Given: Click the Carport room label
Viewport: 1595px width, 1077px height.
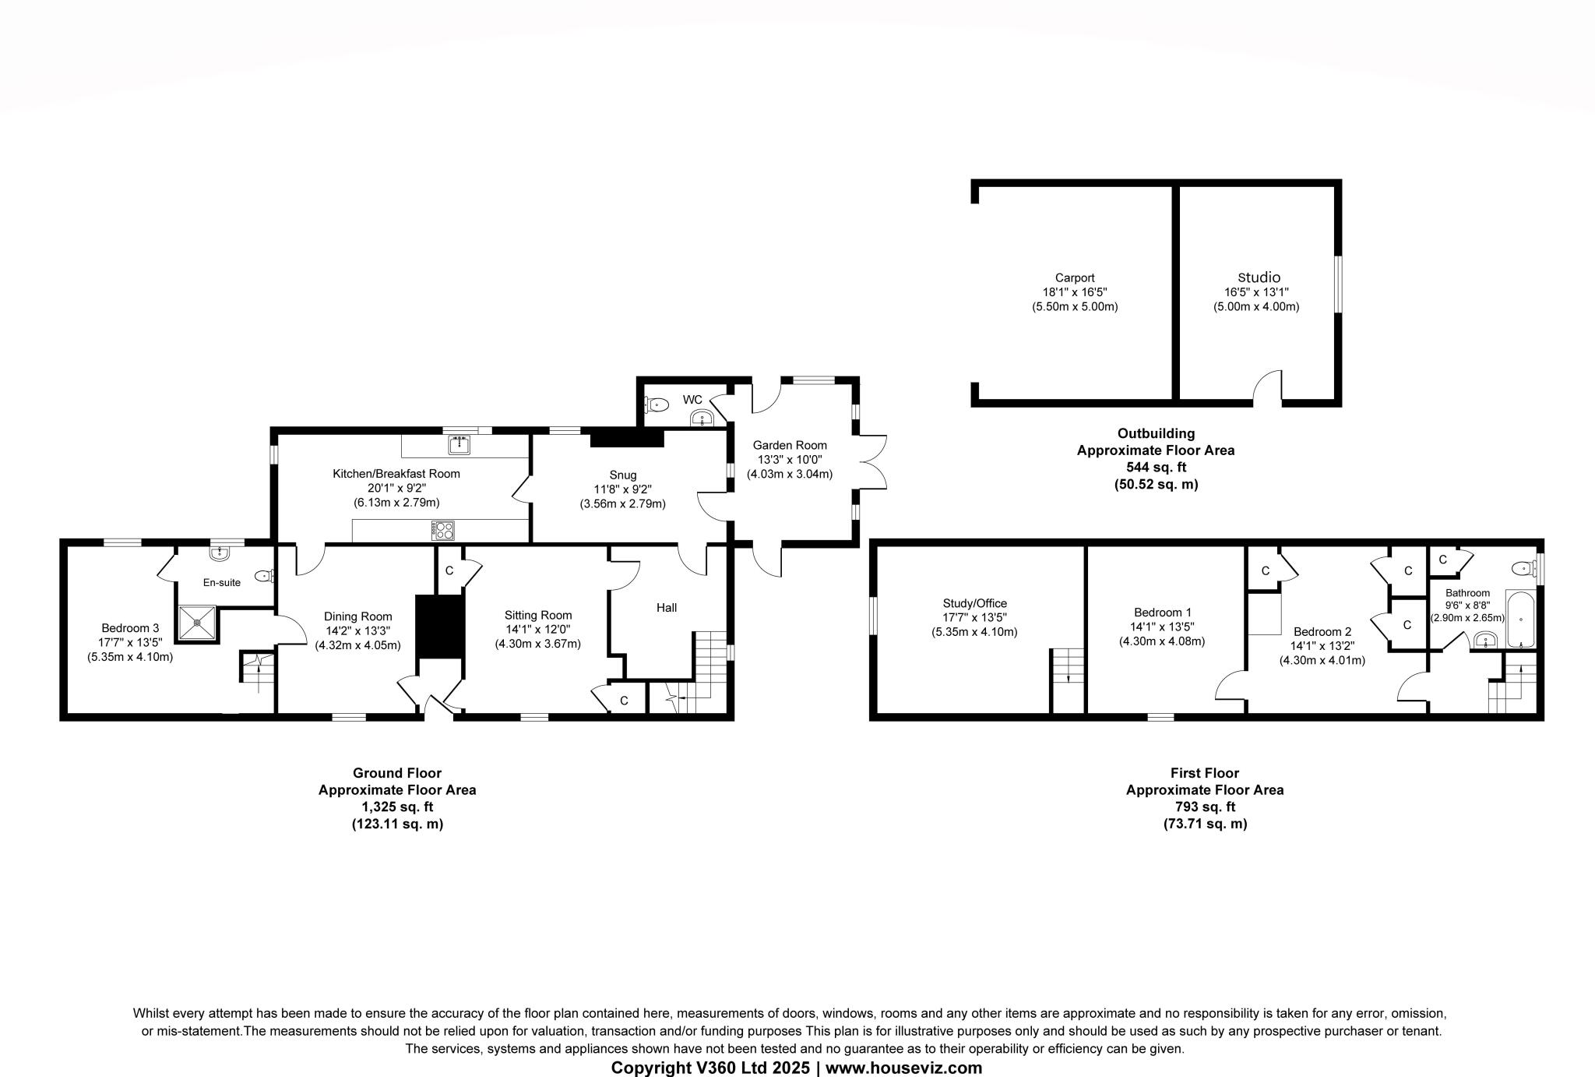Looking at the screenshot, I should click(x=1074, y=277).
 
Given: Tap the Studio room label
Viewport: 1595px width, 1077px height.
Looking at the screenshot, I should click(x=1259, y=277).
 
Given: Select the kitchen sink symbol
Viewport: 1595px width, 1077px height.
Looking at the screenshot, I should click(x=458, y=445).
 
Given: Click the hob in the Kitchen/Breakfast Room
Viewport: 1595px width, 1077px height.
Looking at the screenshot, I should click(x=443, y=530).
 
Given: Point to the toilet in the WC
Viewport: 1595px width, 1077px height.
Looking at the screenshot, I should click(x=657, y=404).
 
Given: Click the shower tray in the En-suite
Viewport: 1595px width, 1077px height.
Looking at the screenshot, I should click(x=197, y=622).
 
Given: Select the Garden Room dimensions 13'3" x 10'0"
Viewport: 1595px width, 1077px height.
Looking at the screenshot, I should click(x=789, y=460).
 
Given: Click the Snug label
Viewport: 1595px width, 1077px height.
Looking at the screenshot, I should click(x=622, y=475).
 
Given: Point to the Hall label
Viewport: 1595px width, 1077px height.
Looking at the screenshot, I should click(x=666, y=607).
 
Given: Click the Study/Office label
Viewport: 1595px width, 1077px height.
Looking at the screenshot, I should click(x=974, y=602).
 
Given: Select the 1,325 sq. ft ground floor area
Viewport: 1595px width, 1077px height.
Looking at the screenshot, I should click(x=397, y=807).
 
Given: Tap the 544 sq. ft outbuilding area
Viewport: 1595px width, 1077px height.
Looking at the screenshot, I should click(x=1156, y=467).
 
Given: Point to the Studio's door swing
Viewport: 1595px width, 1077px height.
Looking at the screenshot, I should click(x=1269, y=387).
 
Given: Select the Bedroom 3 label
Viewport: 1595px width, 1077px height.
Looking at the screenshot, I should click(x=130, y=627).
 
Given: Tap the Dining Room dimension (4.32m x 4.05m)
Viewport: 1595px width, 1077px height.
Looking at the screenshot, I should click(x=357, y=645).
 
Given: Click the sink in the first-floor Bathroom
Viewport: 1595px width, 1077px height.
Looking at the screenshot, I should click(x=1485, y=641).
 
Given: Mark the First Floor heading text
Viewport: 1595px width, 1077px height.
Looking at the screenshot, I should click(x=1204, y=772).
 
